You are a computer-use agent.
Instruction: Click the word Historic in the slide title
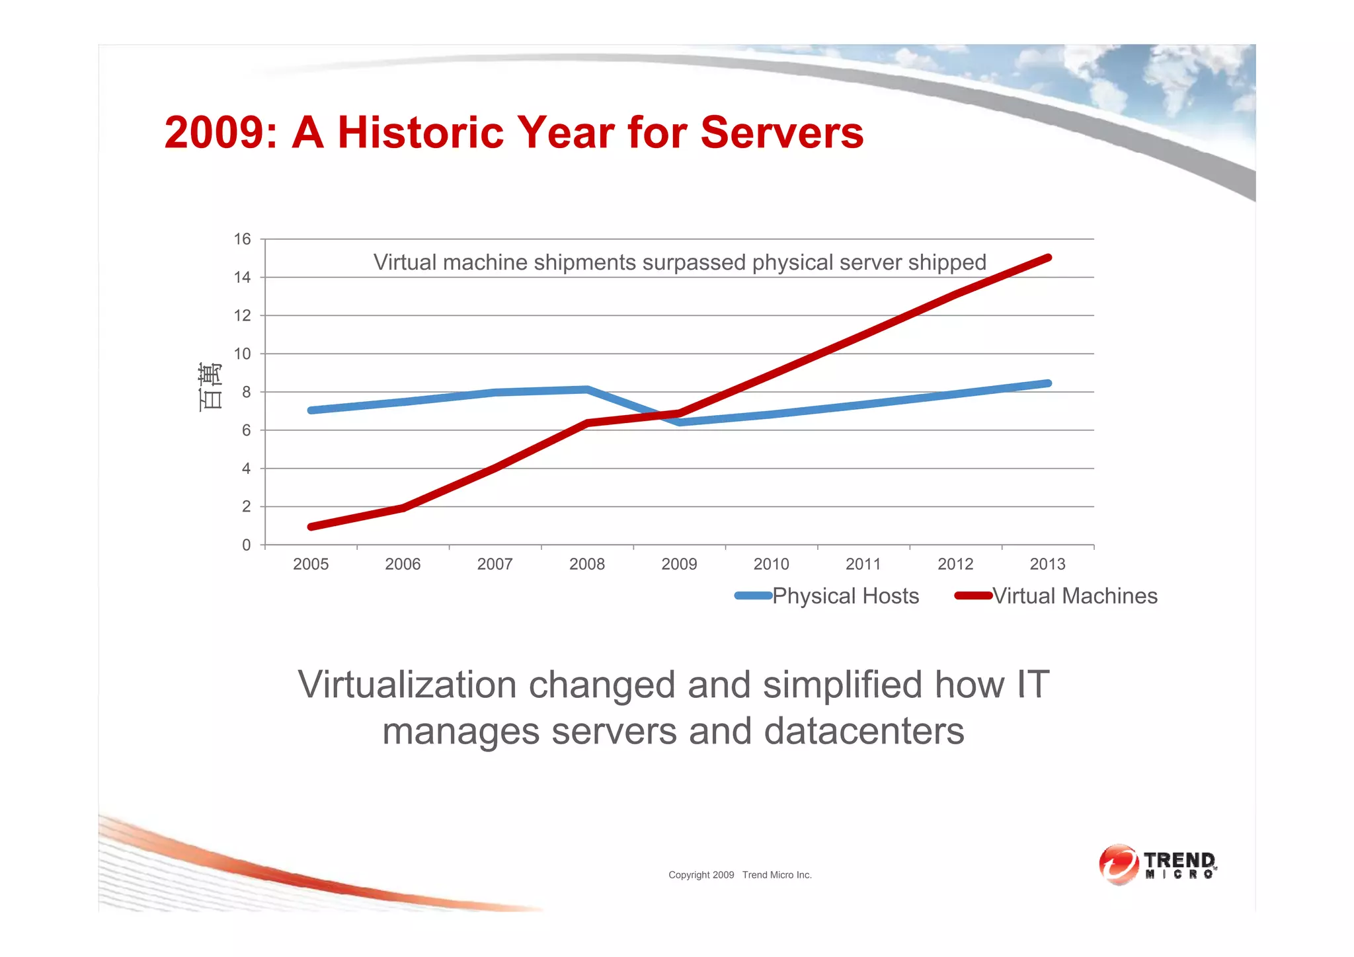click(x=420, y=133)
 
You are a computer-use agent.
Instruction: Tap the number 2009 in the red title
click(x=214, y=133)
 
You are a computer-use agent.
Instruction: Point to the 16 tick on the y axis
click(x=243, y=239)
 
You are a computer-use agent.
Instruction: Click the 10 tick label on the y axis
click(x=243, y=354)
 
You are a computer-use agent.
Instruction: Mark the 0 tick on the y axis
click(x=247, y=545)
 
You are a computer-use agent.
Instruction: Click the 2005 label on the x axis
click(x=311, y=564)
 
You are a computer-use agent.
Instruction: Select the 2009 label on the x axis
click(x=679, y=564)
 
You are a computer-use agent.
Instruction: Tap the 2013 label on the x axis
click(x=1047, y=564)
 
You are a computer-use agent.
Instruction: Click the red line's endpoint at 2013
click(x=1048, y=258)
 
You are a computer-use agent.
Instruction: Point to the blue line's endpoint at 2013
click(x=1048, y=383)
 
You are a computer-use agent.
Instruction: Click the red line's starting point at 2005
click(x=311, y=527)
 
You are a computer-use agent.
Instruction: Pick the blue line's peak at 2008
click(x=587, y=389)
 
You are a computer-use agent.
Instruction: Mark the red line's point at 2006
click(x=403, y=508)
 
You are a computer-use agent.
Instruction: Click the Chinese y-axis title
click(x=210, y=387)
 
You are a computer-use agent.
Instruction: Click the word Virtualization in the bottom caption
click(x=407, y=685)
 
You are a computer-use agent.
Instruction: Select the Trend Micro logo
click(x=1157, y=864)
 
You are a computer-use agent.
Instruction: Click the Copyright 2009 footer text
click(x=701, y=875)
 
